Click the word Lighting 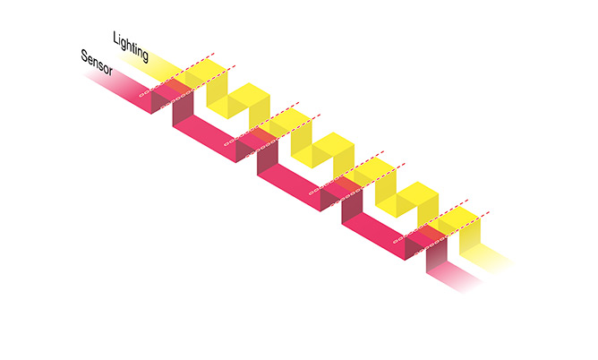130,47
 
